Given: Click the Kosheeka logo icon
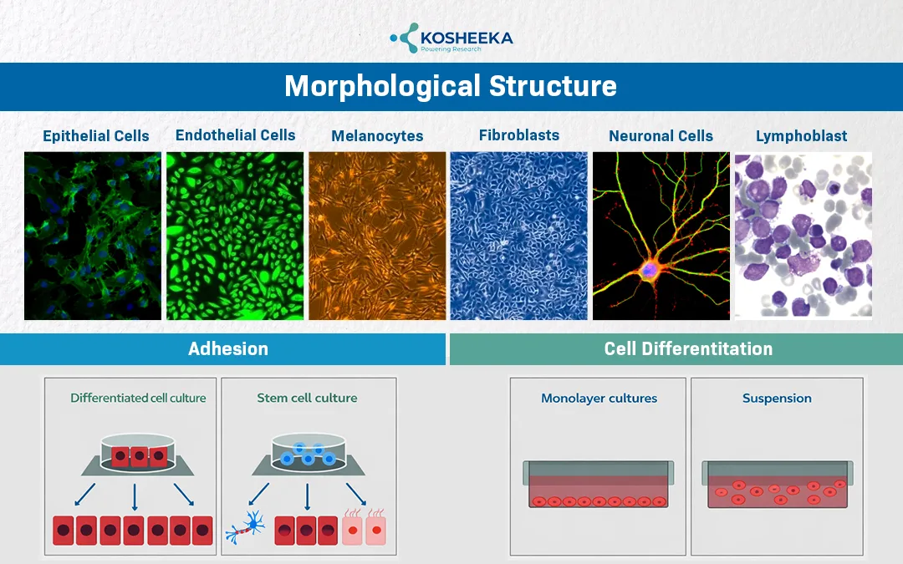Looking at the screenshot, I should point(406,38).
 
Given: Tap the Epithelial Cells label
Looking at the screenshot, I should point(96,136).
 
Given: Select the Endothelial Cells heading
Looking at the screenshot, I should point(235,135).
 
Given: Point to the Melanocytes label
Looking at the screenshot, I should point(377,136).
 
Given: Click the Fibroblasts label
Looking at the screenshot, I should point(519,135).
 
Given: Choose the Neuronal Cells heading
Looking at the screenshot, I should point(661,136).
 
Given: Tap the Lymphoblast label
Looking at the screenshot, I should point(801,136).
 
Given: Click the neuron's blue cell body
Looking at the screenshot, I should point(651,269).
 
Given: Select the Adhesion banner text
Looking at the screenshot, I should point(228,349).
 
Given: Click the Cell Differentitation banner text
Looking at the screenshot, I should point(688,349).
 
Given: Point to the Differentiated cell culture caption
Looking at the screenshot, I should point(138,398).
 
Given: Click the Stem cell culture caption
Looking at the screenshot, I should point(307,398).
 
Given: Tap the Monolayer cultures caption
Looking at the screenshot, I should point(599,399).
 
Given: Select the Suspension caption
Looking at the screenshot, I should point(777,399).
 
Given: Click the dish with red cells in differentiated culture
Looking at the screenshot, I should point(135,454).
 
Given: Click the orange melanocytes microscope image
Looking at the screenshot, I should point(377,236).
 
